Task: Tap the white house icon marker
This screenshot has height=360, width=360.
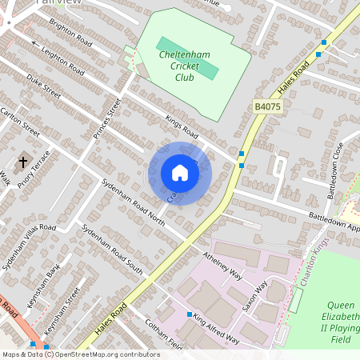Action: (x=179, y=173)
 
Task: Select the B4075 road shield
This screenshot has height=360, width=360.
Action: (x=269, y=106)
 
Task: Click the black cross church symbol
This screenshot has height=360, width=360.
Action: (x=22, y=162)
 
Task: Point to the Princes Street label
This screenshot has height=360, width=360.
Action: (x=106, y=118)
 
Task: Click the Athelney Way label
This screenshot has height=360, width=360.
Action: (x=222, y=265)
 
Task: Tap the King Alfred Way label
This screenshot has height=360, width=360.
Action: (x=216, y=329)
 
